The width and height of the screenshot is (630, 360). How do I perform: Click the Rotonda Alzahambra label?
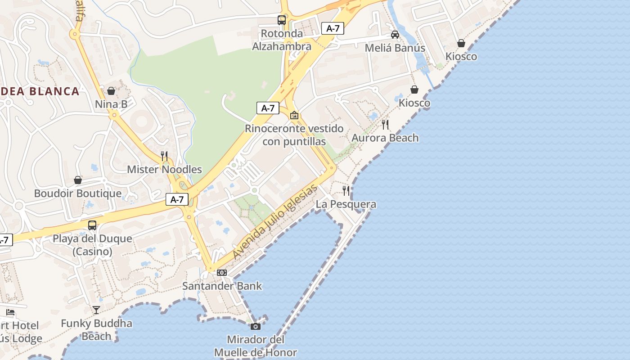tap(282, 40)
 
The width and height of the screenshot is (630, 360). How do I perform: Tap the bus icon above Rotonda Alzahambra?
tap(282, 20)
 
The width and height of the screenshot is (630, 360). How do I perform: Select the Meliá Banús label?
tap(395, 48)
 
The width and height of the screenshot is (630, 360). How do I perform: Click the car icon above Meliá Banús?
tap(395, 35)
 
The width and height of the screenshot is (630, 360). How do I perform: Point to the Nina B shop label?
tap(111, 104)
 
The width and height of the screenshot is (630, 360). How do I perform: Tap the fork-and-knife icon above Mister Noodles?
tap(164, 156)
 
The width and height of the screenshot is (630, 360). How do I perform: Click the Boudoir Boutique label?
tap(78, 193)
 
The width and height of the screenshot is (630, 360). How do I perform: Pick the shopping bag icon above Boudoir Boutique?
tap(78, 180)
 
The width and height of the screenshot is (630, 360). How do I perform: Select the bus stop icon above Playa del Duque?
tap(92, 225)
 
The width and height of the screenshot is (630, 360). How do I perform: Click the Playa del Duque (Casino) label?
tap(92, 245)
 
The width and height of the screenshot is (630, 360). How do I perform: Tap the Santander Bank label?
tap(222, 286)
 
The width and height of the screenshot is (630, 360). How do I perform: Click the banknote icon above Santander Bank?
tap(222, 273)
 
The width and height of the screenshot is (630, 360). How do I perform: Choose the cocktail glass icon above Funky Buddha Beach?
tap(96, 310)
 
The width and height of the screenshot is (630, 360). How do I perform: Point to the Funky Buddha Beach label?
tap(96, 329)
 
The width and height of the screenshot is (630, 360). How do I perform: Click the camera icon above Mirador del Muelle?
tap(256, 326)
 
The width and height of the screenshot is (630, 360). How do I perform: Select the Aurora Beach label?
tap(385, 138)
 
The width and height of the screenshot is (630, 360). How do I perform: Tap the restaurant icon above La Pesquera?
tap(346, 191)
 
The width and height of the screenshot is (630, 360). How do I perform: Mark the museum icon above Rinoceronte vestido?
tap(294, 116)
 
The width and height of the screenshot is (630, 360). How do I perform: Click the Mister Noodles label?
tap(164, 170)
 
